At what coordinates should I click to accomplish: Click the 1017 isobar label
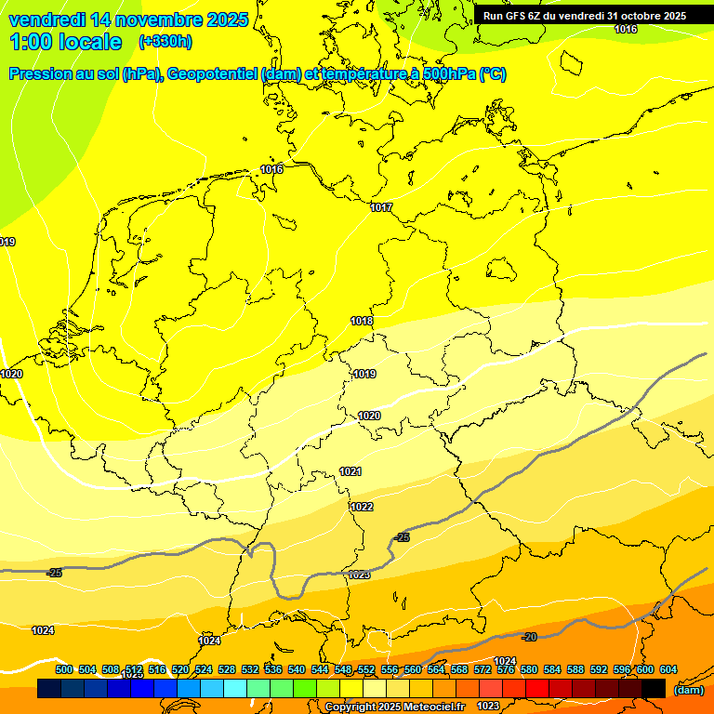pos(381,207)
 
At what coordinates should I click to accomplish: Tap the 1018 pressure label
pos(362,321)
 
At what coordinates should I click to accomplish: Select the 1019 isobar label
pos(364,374)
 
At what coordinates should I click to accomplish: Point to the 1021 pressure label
pos(350,471)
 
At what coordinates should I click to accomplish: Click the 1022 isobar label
pos(362,507)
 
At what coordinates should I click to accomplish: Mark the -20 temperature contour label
pos(529,637)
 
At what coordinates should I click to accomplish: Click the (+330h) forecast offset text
pos(165,42)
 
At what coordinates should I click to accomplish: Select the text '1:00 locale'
pos(65,42)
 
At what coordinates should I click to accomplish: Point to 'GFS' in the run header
pos(517,16)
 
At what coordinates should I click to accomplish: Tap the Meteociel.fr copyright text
pos(394,707)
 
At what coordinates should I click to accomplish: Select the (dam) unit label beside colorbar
pos(688,690)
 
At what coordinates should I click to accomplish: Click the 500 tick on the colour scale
pos(64,669)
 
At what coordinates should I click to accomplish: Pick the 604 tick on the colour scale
pos(668,669)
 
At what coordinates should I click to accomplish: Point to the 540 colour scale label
pos(297,669)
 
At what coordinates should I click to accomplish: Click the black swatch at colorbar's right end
pos(654,689)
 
